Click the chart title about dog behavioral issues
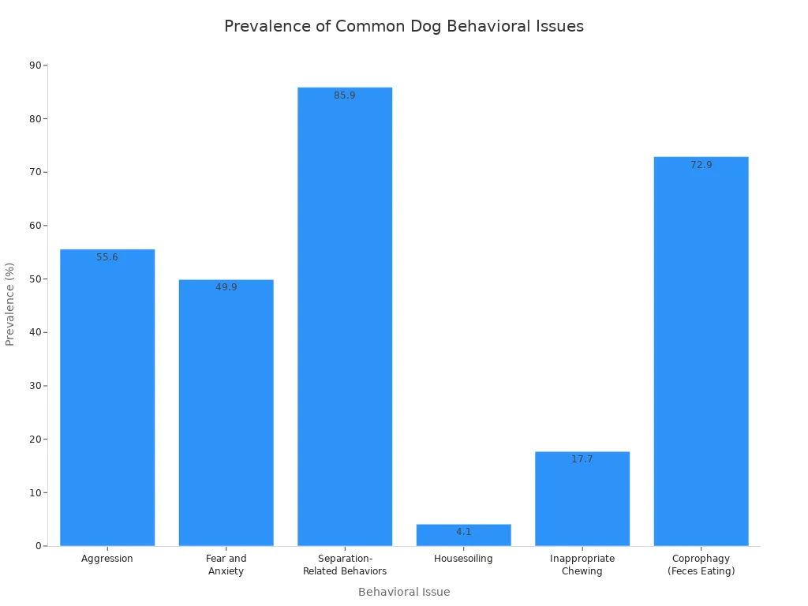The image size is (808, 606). (403, 26)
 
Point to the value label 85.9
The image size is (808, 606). (345, 95)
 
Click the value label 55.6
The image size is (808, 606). (107, 257)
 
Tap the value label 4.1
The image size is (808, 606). (463, 532)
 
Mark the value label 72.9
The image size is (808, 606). (701, 165)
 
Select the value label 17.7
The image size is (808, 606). (582, 459)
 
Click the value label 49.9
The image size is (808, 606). (226, 287)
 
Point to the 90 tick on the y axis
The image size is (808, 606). (35, 65)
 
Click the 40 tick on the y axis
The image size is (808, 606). (35, 332)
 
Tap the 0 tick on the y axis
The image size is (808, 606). (38, 546)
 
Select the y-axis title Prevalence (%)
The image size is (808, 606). (10, 304)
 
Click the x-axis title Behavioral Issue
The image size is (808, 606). (403, 592)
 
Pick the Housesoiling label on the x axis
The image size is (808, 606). (463, 559)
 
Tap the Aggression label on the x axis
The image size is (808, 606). (107, 559)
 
